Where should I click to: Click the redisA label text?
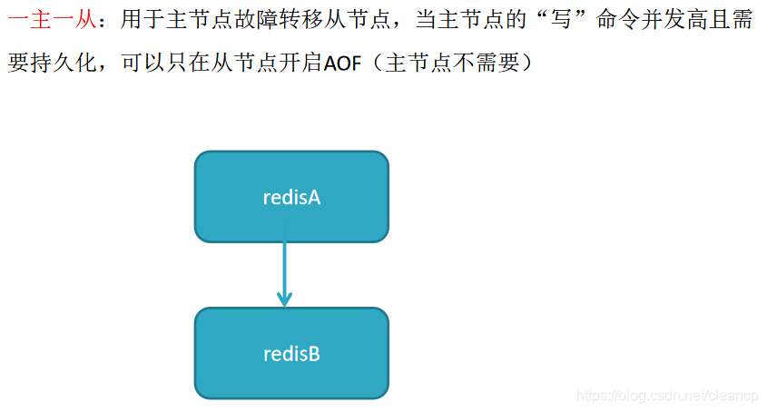pyautogui.click(x=291, y=197)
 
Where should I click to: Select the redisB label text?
pyautogui.click(x=291, y=354)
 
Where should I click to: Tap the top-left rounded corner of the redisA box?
pyautogui.click(x=201, y=157)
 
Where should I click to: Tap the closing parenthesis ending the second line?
pyautogui.click(x=524, y=65)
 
